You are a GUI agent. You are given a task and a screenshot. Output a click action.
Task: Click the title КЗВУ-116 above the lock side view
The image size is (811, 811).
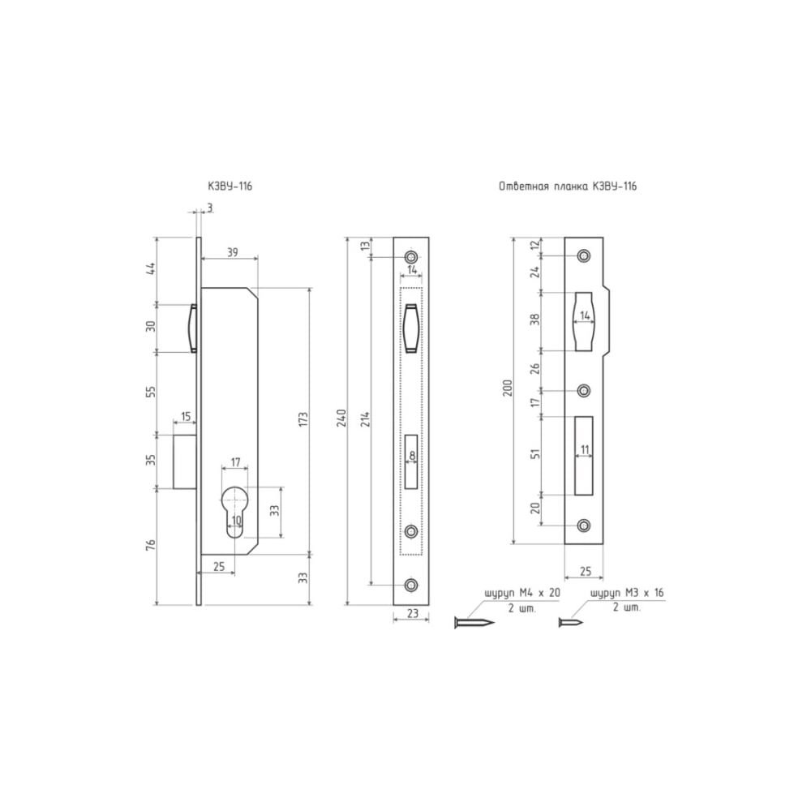coord(230,187)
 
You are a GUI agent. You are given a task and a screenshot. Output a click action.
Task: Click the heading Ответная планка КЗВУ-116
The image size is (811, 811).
coord(568,187)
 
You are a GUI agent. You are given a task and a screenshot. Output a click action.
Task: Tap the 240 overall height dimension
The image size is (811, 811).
coord(341,418)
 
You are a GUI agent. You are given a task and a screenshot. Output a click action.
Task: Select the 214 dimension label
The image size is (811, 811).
coord(366,420)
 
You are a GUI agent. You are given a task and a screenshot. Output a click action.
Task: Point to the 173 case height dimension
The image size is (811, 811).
coord(303,419)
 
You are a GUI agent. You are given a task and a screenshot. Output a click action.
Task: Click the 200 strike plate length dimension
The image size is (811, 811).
coord(508,388)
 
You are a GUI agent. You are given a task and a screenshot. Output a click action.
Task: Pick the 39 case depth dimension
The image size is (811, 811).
coord(232,252)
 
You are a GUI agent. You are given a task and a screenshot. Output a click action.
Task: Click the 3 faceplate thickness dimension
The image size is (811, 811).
coord(209,208)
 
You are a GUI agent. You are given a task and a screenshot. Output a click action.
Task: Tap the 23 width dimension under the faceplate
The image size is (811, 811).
coord(412,613)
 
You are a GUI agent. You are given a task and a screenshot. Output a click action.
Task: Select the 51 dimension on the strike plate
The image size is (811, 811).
coord(536,453)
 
